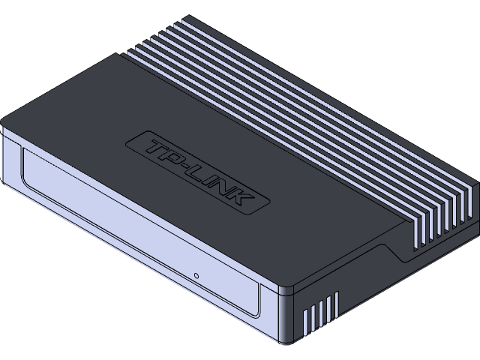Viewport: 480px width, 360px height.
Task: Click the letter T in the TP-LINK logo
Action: tap(154, 144)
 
